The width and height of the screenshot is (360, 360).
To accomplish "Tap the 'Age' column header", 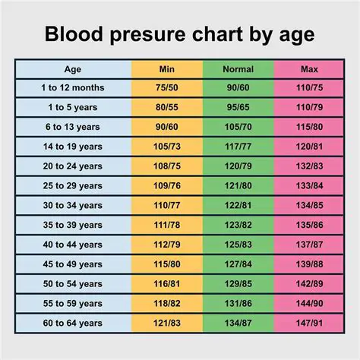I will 73,69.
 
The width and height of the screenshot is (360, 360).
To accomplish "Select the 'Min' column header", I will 168,69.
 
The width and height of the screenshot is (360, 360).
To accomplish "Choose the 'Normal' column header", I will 238,69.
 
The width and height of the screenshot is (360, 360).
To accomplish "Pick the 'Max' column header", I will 308,69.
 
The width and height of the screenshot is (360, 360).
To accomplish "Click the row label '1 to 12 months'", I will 73,87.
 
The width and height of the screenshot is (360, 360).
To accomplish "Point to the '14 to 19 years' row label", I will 73,145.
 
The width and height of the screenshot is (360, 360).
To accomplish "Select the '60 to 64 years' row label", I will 73,322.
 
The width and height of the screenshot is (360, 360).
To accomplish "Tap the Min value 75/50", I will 168,87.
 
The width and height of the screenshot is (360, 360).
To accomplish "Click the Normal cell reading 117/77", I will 238,145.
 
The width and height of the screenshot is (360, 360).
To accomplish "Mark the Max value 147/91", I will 308,322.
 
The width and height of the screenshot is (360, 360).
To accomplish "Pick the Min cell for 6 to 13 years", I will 168,126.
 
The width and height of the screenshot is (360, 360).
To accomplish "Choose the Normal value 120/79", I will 238,165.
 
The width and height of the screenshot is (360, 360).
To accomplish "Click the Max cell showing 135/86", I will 308,224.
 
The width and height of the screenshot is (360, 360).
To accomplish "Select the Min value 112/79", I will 168,244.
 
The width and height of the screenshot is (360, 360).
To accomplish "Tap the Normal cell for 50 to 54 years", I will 238,283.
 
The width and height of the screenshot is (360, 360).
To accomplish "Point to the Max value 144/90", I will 308,302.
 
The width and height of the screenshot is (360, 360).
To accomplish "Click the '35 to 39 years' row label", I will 73,224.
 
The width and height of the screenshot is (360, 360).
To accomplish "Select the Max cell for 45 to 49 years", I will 308,263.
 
